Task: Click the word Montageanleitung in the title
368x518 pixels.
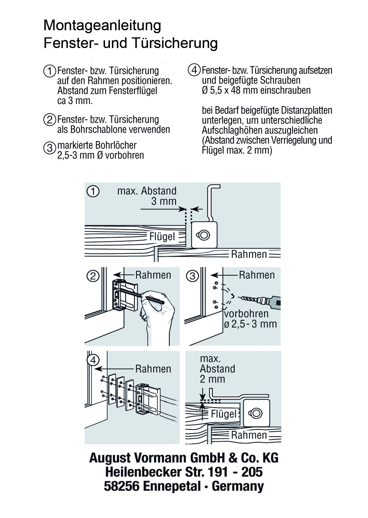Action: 102,26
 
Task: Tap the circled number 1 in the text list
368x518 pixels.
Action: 50,71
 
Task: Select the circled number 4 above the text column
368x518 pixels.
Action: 194,70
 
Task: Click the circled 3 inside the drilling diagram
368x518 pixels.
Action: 192,276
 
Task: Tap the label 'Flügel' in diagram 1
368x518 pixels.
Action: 162,237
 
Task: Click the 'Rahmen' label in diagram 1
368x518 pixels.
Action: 249,254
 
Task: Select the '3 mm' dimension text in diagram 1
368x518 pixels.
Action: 164,201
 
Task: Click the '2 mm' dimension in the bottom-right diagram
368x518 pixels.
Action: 212,379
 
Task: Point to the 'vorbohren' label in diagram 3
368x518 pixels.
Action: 246,314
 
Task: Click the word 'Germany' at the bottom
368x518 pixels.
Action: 238,487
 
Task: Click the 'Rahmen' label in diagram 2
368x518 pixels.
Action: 153,275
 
